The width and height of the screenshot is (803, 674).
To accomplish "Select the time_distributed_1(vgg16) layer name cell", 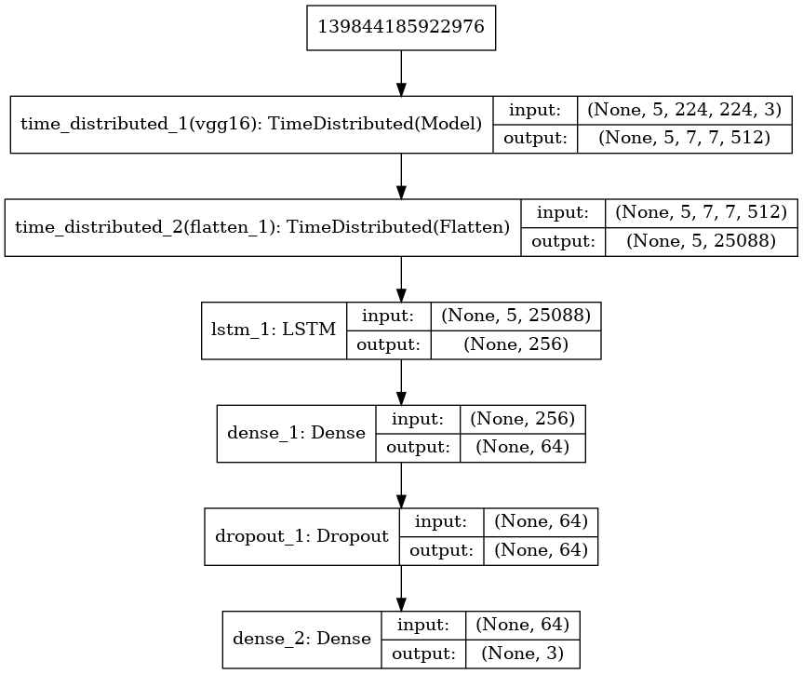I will point(251,123).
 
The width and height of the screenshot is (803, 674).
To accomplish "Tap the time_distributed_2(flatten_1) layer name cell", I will point(263,226).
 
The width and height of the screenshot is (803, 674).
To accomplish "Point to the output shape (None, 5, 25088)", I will point(702,240).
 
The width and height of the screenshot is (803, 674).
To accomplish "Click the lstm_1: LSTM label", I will point(274,330).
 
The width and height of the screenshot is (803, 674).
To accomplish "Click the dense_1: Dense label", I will point(296,433).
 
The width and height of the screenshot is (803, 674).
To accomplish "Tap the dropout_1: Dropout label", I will point(301,536).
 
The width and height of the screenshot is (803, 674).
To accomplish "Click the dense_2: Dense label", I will point(301,639).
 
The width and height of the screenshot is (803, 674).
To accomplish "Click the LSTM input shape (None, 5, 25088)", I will point(515,316).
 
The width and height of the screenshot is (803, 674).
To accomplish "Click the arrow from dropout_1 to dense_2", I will point(401,587).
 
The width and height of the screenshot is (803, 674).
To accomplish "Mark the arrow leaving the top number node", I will point(401,72).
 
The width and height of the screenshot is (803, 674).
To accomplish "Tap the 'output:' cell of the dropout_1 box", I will point(441,550).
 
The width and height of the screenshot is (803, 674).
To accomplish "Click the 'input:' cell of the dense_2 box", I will point(423,625).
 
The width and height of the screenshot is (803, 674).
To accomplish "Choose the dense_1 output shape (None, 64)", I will point(523,447).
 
